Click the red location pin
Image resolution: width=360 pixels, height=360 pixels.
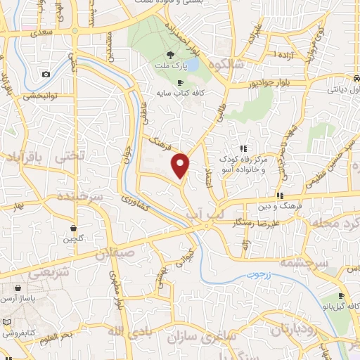pyautogui.click(x=181, y=165)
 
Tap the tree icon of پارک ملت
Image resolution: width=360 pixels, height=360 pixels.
pyautogui.click(x=169, y=54)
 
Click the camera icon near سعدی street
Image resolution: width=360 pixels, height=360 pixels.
pyautogui.click(x=46, y=74)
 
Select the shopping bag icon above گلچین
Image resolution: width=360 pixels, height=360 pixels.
pyautogui.click(x=74, y=228)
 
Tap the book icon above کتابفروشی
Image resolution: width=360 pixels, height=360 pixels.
pyautogui.click(x=7, y=321)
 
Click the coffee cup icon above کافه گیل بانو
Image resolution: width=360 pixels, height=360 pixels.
pyautogui.click(x=341, y=296)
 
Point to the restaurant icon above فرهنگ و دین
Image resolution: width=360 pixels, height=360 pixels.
pyautogui.click(x=279, y=195)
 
